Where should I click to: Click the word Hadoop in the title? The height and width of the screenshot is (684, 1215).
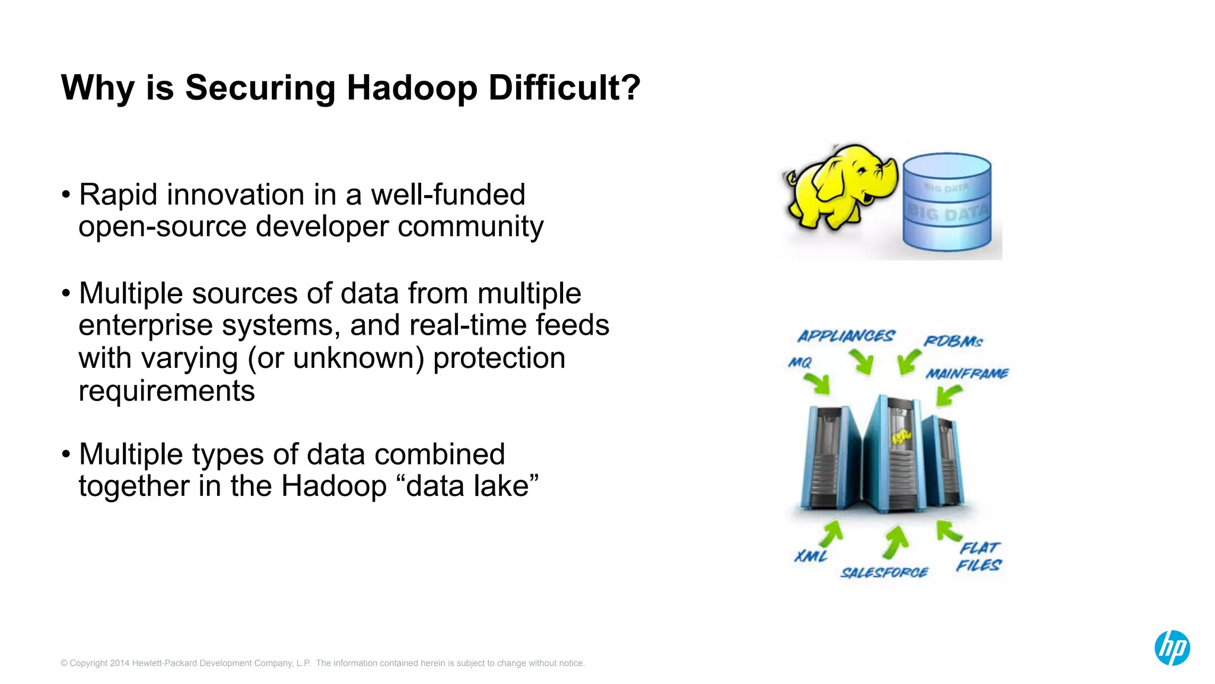tap(412, 88)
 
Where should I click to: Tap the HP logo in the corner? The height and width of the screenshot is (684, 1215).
tap(1172, 647)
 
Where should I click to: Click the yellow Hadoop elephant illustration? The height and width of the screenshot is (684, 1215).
tap(839, 186)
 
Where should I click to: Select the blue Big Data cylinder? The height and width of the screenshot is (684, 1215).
tap(947, 202)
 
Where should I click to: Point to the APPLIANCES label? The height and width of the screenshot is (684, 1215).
tap(846, 336)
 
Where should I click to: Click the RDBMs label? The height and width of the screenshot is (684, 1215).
tap(953, 342)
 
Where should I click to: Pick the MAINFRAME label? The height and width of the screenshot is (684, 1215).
tap(967, 374)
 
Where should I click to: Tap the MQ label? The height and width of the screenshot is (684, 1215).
tap(800, 362)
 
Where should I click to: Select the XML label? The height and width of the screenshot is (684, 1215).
tap(811, 556)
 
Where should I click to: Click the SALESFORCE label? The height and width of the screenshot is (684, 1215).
tap(884, 572)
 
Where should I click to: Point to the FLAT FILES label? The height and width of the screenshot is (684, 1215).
tap(979, 556)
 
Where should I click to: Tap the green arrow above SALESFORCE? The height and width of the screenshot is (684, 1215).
tap(896, 542)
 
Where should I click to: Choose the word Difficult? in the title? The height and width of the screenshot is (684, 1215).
tap(564, 88)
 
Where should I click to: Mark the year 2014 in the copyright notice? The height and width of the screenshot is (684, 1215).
tap(119, 663)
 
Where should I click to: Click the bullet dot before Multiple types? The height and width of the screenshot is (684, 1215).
tap(66, 454)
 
